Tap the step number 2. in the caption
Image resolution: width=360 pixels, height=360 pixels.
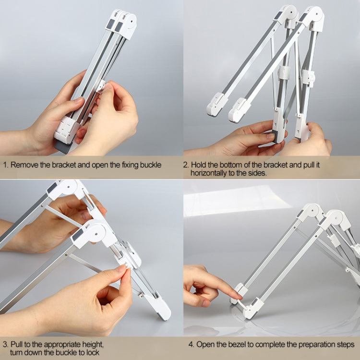click(187, 165)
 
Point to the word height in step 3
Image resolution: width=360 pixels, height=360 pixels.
click(91, 344)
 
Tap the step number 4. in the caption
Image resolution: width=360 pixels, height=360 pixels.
click(190, 345)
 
